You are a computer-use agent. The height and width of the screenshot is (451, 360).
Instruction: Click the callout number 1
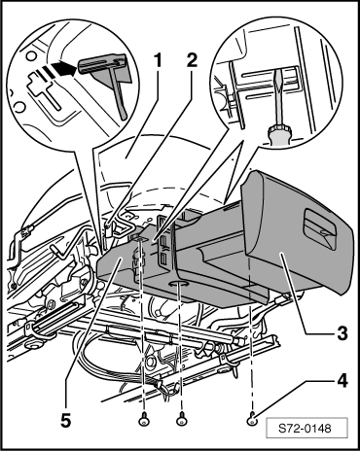[158, 61]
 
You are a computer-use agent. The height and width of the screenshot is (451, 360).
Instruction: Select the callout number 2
[192, 60]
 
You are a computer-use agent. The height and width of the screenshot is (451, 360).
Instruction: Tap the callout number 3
[342, 333]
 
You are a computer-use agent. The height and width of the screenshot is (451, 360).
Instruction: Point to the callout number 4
[342, 381]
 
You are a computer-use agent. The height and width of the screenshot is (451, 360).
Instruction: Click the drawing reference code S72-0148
[306, 429]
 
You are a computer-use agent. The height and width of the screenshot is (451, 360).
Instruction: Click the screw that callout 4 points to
[252, 421]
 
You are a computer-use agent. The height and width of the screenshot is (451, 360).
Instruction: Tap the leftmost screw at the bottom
[144, 420]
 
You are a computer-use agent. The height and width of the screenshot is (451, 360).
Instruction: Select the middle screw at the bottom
[181, 420]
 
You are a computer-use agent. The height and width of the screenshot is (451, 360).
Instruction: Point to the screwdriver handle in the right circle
[279, 136]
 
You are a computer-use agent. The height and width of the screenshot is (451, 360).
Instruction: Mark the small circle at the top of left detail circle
[31, 56]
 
